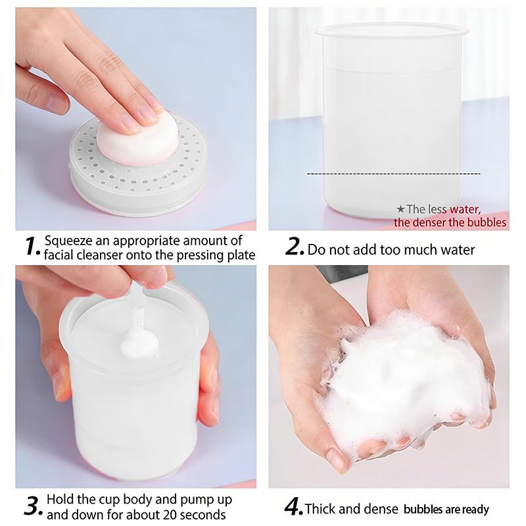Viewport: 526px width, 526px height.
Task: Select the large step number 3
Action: (34, 506)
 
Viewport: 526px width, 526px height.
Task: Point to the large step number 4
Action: (293, 506)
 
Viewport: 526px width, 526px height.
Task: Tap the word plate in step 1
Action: (241, 256)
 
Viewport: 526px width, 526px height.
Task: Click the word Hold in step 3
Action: (60, 499)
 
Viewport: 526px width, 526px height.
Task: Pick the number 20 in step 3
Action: (171, 514)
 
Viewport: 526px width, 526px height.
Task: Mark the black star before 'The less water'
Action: (400, 209)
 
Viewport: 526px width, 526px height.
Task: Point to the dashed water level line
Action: (394, 174)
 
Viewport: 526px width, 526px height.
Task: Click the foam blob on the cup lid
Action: (139, 345)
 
